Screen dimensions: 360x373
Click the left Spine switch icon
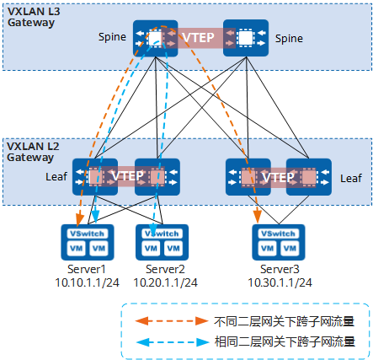154,39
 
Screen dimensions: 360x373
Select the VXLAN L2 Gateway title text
31,152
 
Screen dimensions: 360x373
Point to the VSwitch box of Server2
160,233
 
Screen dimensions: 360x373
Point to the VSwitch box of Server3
278,233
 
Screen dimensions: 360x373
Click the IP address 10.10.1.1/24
88,281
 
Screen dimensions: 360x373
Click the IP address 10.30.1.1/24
278,281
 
